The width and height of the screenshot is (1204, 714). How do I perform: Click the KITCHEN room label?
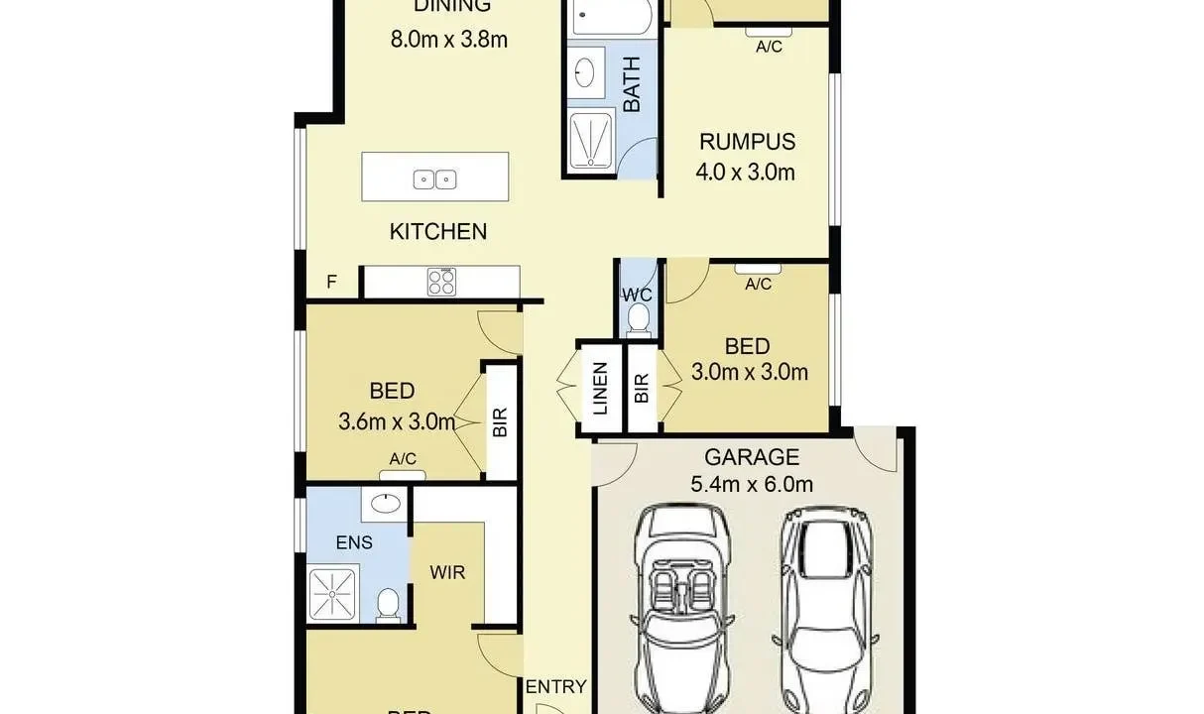(437, 232)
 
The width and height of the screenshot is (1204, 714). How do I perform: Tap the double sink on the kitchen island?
(434, 179)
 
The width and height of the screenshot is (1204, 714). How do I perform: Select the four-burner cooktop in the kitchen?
(441, 283)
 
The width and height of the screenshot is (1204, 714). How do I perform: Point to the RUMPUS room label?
(746, 142)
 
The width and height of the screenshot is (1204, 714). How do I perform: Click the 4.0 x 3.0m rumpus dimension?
(746, 172)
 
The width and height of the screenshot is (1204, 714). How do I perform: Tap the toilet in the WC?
(639, 319)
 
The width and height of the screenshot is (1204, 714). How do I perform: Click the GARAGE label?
(751, 457)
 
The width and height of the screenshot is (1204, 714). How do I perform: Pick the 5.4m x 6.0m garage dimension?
(751, 485)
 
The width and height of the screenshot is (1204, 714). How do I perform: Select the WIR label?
(447, 572)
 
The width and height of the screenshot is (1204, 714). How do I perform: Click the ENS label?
(354, 542)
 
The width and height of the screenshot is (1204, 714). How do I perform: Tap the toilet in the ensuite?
(389, 602)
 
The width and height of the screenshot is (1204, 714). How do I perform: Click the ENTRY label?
(555, 686)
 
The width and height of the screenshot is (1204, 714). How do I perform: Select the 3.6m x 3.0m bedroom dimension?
(397, 421)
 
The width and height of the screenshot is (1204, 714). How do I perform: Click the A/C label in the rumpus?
(769, 47)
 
